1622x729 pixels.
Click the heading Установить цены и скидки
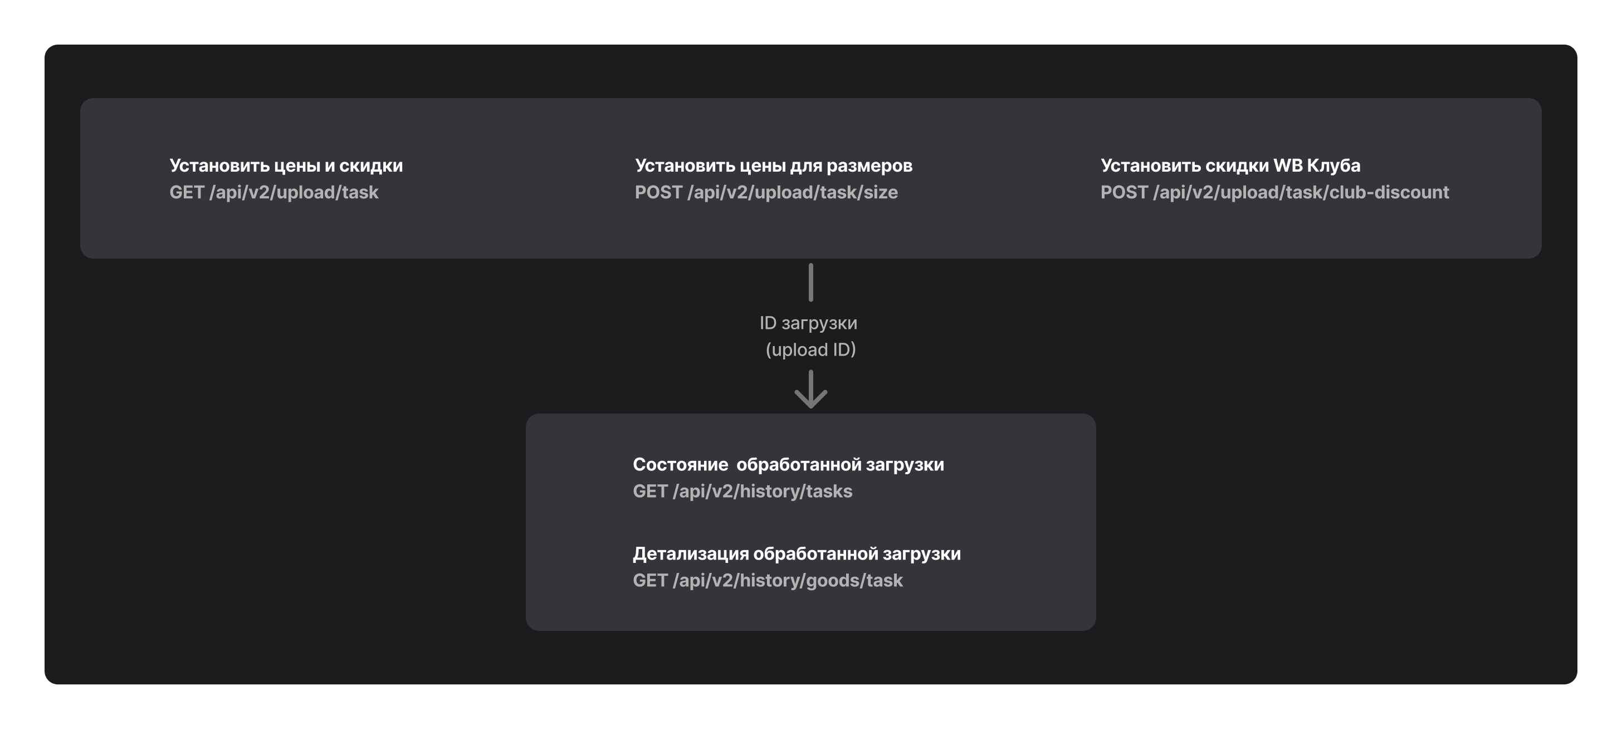[286, 166]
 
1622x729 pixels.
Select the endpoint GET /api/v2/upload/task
[274, 192]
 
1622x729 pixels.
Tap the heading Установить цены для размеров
[773, 166]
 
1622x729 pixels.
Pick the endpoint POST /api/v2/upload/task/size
[766, 192]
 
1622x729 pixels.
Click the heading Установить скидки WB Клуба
[1230, 166]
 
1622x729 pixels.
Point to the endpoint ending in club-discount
[1274, 192]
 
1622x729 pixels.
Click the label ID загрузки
[808, 323]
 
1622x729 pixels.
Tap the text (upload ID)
[810, 349]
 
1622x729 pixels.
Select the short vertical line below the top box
[810, 282]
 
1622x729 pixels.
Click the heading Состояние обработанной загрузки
[788, 464]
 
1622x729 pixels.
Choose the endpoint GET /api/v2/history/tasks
[742, 492]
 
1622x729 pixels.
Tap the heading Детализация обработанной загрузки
[797, 554]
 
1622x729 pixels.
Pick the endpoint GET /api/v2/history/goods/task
[768, 580]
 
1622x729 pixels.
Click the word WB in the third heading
[1288, 166]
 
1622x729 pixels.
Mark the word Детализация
[691, 554]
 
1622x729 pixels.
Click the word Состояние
[680, 464]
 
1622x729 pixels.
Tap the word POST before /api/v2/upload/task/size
[658, 192]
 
